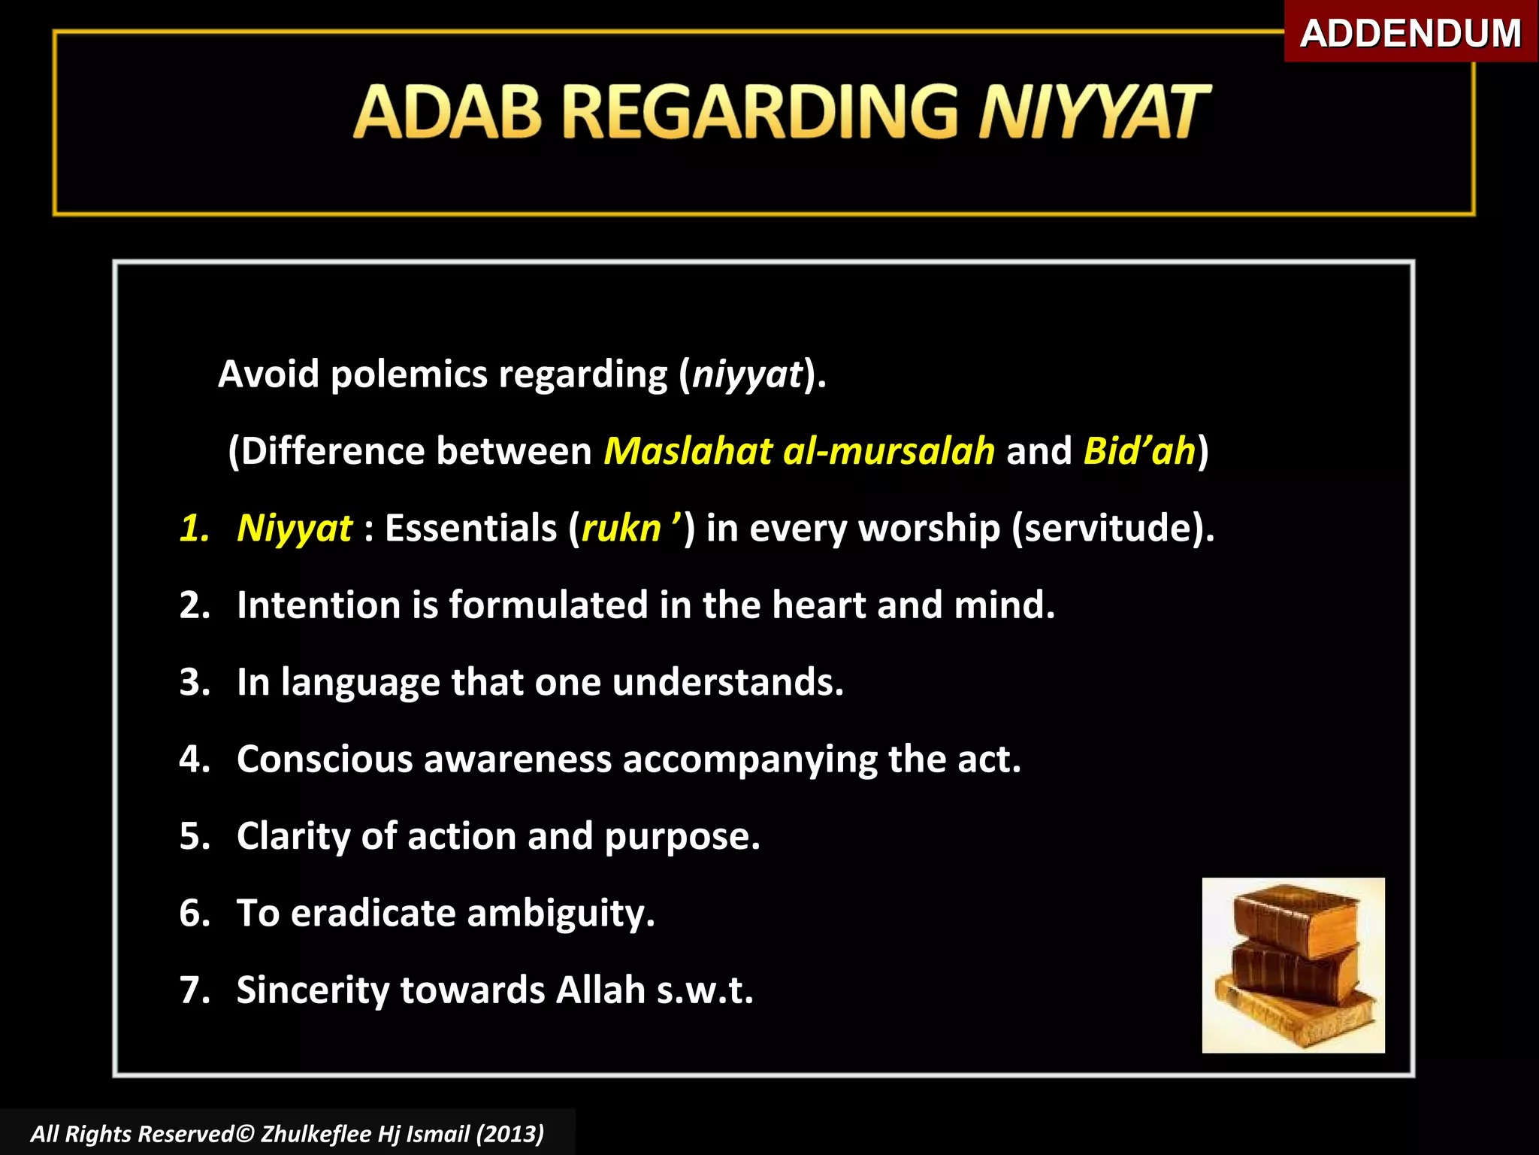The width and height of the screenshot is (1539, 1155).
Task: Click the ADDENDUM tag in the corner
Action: [x=1410, y=33]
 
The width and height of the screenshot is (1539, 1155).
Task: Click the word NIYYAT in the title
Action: [x=1093, y=113]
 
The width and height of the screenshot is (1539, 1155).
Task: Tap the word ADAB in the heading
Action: [x=446, y=113]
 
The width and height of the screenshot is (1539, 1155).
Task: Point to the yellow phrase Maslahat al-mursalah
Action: [x=799, y=451]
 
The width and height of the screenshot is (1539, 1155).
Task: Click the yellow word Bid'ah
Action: [x=1139, y=451]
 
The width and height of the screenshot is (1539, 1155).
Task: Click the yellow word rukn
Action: [x=621, y=529]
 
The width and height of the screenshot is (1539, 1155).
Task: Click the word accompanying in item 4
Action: [x=750, y=759]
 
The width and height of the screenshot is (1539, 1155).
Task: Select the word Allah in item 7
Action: [x=600, y=990]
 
